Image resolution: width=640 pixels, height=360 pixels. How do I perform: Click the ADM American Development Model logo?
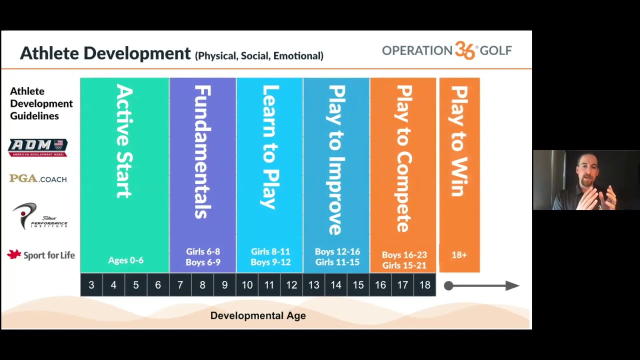(37, 147)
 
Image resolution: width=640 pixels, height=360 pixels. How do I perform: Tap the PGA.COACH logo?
(38, 178)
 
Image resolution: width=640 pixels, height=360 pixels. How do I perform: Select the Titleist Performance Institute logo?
(39, 216)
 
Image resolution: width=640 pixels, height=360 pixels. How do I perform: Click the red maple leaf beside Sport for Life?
(14, 254)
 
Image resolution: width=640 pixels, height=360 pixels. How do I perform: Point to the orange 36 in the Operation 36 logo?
(465, 50)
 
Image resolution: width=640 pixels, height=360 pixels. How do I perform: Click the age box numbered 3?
(91, 285)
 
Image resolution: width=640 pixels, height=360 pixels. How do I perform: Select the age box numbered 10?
(247, 285)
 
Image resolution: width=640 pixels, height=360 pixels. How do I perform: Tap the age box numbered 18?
(425, 285)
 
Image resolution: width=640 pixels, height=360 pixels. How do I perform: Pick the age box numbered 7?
(180, 285)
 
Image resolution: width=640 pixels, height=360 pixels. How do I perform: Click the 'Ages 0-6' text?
(125, 260)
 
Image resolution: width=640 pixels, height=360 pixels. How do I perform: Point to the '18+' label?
(459, 254)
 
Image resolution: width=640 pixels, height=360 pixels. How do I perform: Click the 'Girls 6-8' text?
(203, 251)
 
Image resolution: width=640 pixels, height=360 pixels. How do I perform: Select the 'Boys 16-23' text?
(404, 254)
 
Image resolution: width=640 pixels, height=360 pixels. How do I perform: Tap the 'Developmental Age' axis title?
(258, 315)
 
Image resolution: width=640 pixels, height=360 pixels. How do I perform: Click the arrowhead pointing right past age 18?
(512, 285)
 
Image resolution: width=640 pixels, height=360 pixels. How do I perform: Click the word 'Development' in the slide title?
(137, 53)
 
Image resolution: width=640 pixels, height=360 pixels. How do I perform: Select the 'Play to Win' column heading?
(459, 141)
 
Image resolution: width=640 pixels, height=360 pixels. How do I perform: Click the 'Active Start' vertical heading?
(124, 141)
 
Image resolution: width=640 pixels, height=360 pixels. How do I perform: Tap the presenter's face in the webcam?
(587, 171)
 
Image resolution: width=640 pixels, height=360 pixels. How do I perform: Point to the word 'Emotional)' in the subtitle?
(298, 55)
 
